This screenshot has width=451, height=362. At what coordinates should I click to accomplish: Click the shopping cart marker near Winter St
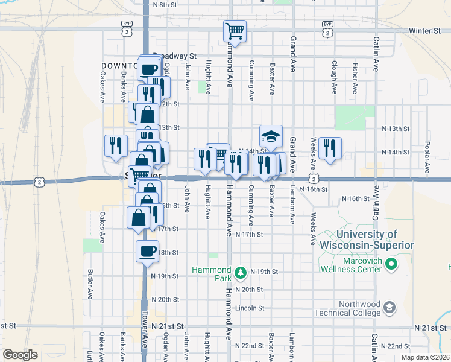235,31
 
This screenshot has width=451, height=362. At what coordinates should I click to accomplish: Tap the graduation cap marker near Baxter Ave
271,136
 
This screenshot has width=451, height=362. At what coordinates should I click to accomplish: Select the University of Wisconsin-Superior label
367,240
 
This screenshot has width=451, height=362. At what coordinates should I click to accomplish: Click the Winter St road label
424,30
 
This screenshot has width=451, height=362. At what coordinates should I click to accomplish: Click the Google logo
19,355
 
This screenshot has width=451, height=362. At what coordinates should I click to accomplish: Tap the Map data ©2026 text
424,357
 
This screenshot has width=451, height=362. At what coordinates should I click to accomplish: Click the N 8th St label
165,4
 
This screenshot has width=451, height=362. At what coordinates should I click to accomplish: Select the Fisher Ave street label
355,77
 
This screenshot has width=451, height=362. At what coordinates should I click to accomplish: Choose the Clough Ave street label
333,77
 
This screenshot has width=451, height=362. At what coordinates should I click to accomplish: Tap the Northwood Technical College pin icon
390,308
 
